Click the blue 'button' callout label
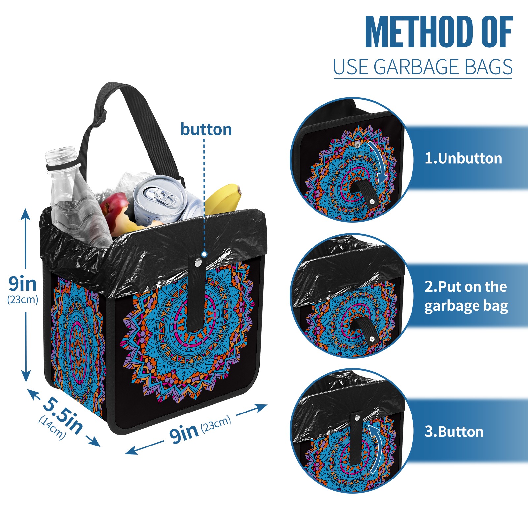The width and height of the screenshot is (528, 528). point(206,129)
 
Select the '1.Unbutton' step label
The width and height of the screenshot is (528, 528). point(463,158)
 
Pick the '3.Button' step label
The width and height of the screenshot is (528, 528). point(454,432)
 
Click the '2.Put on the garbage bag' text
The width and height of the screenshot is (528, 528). point(466,296)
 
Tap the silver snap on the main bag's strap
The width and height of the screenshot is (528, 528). point(198,263)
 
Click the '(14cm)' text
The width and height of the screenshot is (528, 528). point(52,428)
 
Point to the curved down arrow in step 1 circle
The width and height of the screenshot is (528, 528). point(379,162)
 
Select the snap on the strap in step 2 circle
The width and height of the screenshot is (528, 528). point(372,339)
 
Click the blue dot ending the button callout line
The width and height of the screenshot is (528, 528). point(204,254)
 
